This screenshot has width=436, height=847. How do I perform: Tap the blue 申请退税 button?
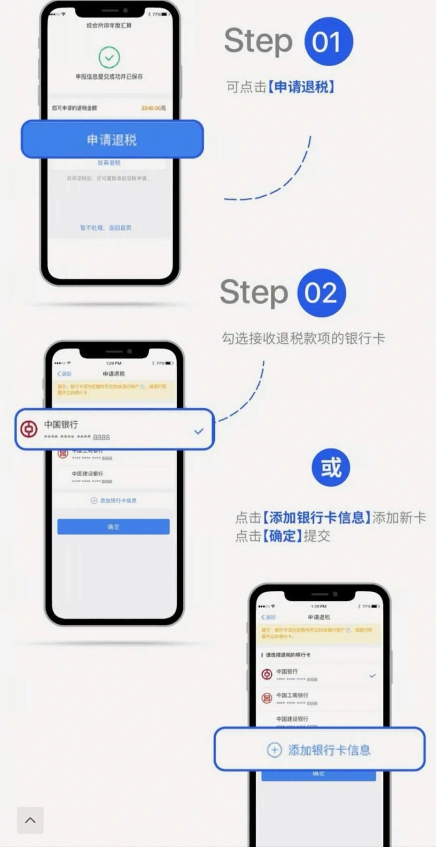click(x=112, y=140)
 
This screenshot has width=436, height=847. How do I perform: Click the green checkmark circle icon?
click(x=109, y=57)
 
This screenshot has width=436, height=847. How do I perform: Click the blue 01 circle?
click(x=329, y=42)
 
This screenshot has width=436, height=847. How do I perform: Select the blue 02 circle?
click(x=321, y=293)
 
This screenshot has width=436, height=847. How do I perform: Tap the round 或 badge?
click(x=331, y=468)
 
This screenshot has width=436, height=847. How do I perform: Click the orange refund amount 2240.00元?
click(x=153, y=108)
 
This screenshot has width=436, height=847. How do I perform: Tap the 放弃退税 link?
click(x=109, y=162)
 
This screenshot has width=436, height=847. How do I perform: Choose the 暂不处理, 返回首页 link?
click(x=106, y=228)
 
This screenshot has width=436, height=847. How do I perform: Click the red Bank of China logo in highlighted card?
click(x=29, y=429)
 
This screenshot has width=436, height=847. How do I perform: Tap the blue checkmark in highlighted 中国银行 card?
click(x=199, y=431)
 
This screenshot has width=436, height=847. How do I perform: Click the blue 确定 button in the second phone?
click(x=113, y=527)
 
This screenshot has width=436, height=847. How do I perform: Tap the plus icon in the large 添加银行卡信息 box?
click(x=274, y=750)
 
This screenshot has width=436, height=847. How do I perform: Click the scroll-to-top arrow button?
click(x=30, y=820)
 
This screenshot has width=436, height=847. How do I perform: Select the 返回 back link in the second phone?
click(x=65, y=374)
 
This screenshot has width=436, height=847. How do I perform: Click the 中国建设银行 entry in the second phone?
click(x=88, y=474)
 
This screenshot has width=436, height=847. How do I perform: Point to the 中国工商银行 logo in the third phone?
click(x=267, y=698)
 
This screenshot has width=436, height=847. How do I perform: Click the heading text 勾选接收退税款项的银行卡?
click(x=303, y=338)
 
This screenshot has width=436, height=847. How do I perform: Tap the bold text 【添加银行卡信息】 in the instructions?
click(x=317, y=517)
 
